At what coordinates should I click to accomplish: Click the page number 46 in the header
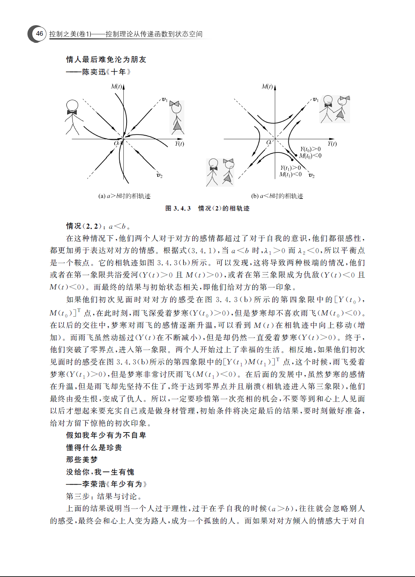[x=39, y=34]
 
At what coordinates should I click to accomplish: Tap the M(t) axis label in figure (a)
[x=117, y=86]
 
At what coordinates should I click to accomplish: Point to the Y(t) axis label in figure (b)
[x=332, y=144]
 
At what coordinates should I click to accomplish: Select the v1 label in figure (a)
[x=164, y=99]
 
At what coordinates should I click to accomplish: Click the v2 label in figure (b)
[x=312, y=176]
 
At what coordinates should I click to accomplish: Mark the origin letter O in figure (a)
[x=116, y=143]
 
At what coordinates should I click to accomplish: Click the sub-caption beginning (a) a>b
[x=124, y=196]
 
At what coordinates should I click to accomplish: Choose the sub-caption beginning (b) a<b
[x=277, y=196]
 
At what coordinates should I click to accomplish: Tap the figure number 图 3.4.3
[x=178, y=208]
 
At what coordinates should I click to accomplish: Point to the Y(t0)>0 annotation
[x=310, y=149]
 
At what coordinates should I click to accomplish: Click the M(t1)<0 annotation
[x=290, y=174]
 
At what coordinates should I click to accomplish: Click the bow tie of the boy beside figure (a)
[x=73, y=112]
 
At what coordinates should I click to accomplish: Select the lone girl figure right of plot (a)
[x=177, y=117]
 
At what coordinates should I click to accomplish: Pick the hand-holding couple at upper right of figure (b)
[x=335, y=109]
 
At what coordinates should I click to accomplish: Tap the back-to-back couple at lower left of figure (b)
[x=220, y=172]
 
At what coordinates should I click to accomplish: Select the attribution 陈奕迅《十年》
[x=106, y=72]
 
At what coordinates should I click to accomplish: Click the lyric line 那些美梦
[x=82, y=460]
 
